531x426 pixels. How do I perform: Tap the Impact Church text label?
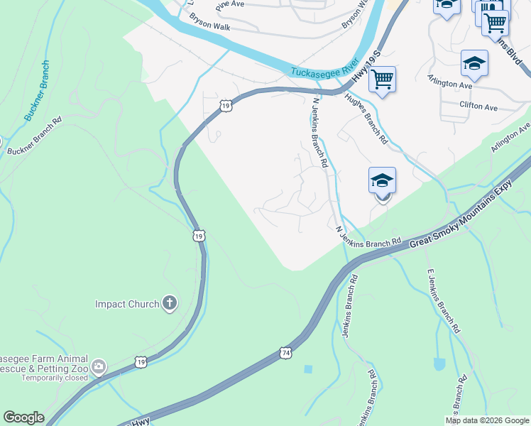(127, 305)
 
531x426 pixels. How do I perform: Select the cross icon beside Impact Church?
(169, 304)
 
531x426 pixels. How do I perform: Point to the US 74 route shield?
(285, 352)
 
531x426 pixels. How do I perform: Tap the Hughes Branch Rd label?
(366, 119)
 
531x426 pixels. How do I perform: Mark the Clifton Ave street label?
(478, 106)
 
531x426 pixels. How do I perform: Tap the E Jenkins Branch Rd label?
(444, 302)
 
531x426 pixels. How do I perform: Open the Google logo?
(23, 417)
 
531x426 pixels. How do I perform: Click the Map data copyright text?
(488, 420)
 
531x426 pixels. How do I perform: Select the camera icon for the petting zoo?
(99, 367)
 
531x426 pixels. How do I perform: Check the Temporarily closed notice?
(55, 378)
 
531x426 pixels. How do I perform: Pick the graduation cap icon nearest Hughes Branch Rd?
(382, 181)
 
